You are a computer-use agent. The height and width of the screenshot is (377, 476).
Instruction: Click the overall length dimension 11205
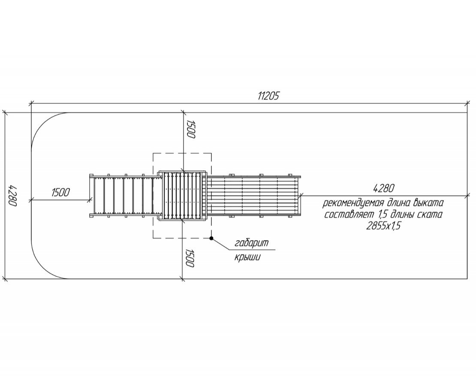[x=268, y=96]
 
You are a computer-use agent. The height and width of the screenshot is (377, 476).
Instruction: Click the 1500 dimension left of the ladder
[x=61, y=193]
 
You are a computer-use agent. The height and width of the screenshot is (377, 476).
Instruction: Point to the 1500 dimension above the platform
[x=190, y=129]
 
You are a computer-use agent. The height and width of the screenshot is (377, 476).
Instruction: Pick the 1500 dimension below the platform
[x=189, y=258]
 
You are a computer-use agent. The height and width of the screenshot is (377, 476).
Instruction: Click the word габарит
[x=252, y=243]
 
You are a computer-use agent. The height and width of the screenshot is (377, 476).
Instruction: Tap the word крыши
[x=247, y=257]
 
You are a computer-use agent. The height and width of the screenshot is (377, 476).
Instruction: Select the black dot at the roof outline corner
[x=211, y=238]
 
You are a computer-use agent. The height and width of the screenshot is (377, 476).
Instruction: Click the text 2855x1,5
[x=383, y=226]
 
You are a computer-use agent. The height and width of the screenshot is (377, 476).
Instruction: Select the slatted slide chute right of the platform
[x=254, y=196]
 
